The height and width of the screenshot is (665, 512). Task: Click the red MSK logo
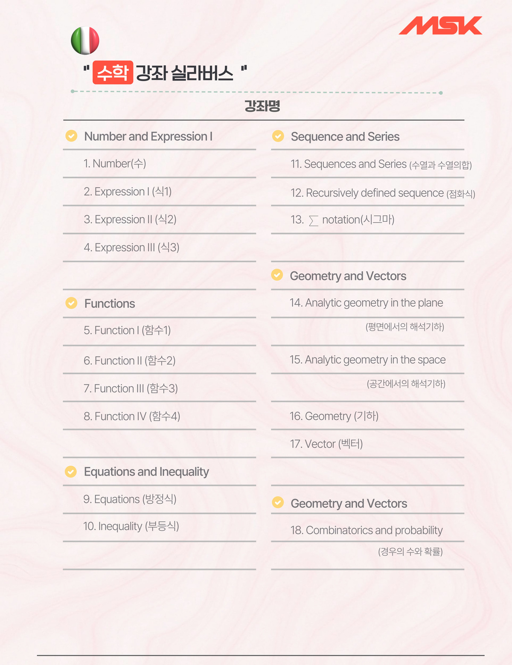pyautogui.click(x=440, y=26)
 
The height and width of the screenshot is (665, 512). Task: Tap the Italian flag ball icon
pyautogui.click(x=85, y=41)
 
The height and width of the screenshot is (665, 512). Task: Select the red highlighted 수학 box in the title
pyautogui.click(x=113, y=73)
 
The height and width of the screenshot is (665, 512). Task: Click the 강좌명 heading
pyautogui.click(x=262, y=106)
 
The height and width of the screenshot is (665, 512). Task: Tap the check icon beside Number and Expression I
pyautogui.click(x=71, y=136)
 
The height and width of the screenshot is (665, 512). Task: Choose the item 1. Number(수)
pyautogui.click(x=115, y=163)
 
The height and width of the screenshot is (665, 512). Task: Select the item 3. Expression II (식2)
pyautogui.click(x=130, y=219)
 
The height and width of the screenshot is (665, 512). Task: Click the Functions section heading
pyautogui.click(x=110, y=303)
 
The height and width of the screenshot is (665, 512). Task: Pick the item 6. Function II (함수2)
pyautogui.click(x=130, y=360)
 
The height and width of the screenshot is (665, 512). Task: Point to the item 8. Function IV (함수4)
pyautogui.click(x=132, y=416)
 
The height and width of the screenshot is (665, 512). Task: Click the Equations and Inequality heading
pyautogui.click(x=146, y=471)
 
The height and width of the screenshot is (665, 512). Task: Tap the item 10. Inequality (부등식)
pyautogui.click(x=131, y=526)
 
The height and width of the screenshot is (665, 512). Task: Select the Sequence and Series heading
pyautogui.click(x=345, y=136)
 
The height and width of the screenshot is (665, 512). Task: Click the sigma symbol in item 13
pyautogui.click(x=314, y=221)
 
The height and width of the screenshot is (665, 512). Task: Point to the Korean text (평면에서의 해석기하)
pyautogui.click(x=405, y=327)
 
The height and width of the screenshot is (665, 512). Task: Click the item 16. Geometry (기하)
pyautogui.click(x=334, y=416)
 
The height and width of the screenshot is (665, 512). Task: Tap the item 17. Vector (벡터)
pyautogui.click(x=326, y=444)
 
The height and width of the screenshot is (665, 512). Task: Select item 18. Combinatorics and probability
pyautogui.click(x=367, y=530)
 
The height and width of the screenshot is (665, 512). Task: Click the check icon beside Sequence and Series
pyautogui.click(x=278, y=136)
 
